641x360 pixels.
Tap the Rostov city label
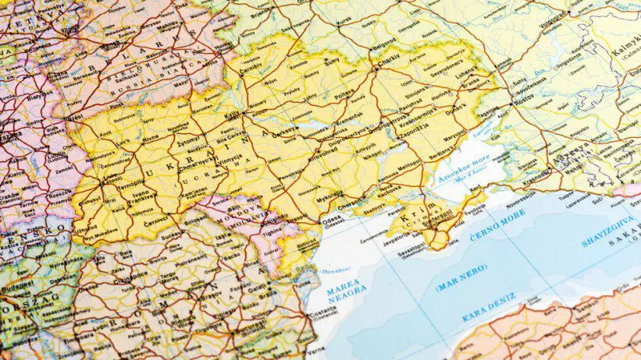click(x=524, y=107)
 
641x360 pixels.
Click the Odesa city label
click(x=331, y=219)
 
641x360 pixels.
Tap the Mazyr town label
click(x=180, y=82)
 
